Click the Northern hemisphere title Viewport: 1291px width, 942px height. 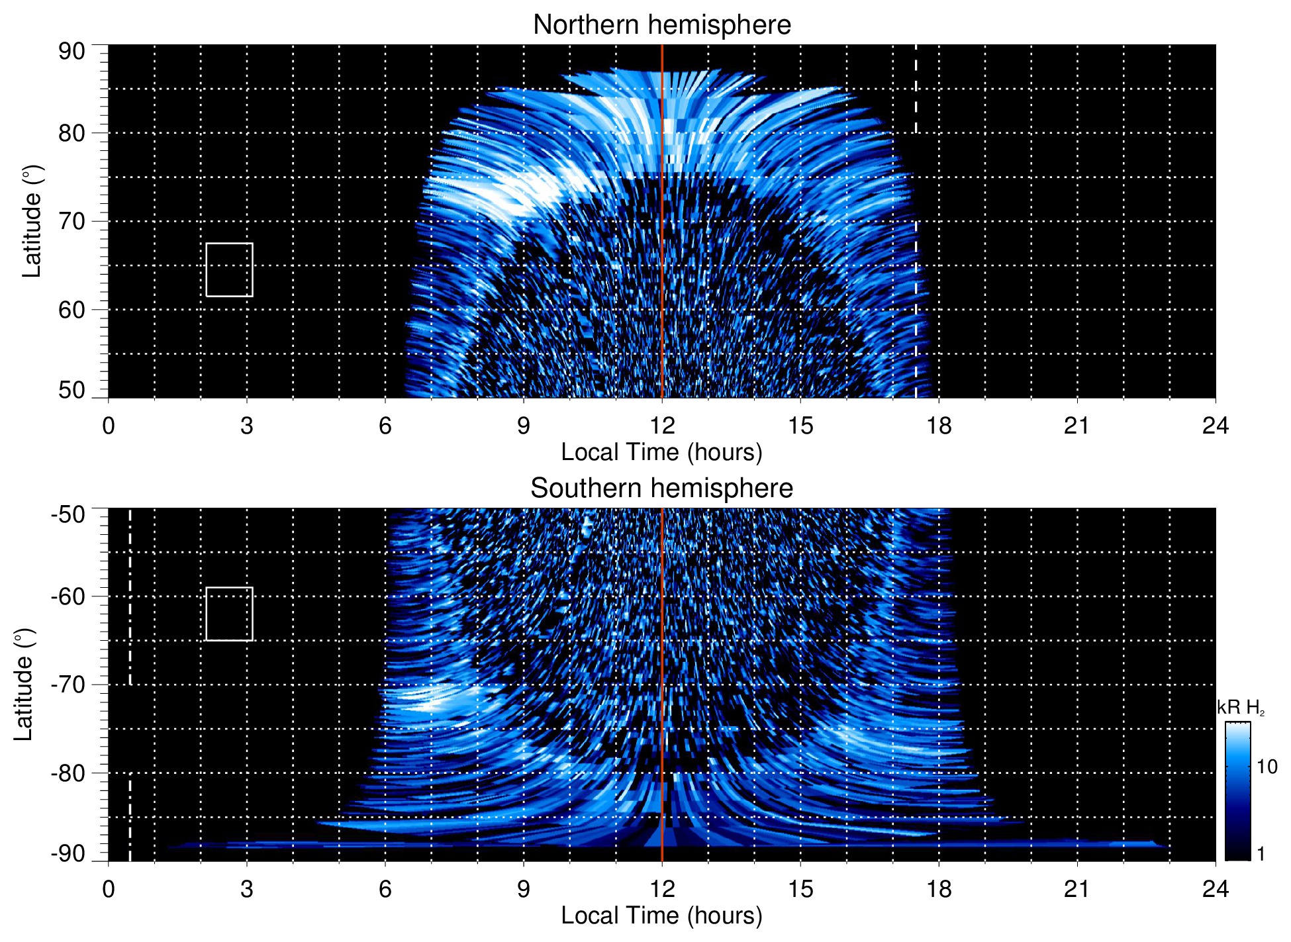pos(661,25)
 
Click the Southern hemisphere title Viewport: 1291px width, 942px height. pos(661,489)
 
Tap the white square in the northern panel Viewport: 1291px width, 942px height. pos(229,269)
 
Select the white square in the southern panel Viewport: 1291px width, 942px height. pos(229,614)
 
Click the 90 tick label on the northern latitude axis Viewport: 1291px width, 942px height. pos(72,52)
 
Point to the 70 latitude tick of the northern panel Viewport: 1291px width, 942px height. pos(72,221)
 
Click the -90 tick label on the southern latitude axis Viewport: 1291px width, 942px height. pos(68,854)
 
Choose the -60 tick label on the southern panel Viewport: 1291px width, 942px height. pos(68,596)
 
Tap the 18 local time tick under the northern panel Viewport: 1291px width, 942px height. pos(939,426)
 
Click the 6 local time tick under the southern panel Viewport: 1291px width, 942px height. pos(385,889)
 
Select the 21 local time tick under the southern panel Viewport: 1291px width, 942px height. pos(1077,889)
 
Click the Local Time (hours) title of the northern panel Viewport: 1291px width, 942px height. pos(661,452)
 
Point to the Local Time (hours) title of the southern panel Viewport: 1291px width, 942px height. pos(661,916)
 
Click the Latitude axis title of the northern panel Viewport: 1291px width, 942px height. pos(32,221)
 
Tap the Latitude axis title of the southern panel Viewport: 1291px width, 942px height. pos(24,684)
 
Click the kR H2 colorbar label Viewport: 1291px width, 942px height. pos(1241,708)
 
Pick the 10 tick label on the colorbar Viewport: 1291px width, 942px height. pos(1267,767)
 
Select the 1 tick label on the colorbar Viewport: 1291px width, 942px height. pos(1261,854)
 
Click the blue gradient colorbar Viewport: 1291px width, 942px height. pos(1237,791)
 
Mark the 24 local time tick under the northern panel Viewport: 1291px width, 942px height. pos(1215,426)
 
